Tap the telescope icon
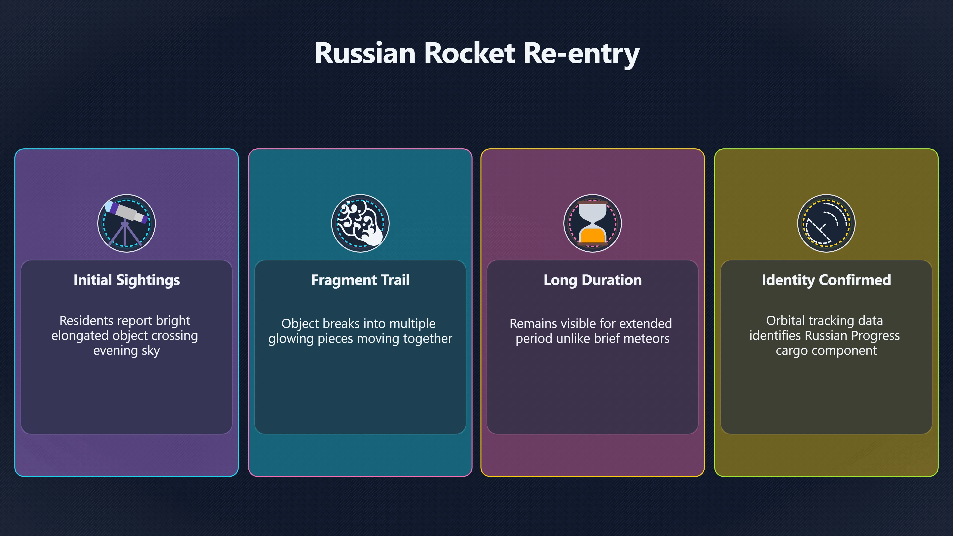(127, 223)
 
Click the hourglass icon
(593, 223)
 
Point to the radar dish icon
(826, 223)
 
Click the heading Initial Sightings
(127, 280)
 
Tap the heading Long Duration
(593, 280)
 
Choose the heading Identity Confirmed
(826, 280)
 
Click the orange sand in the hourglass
(592, 236)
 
